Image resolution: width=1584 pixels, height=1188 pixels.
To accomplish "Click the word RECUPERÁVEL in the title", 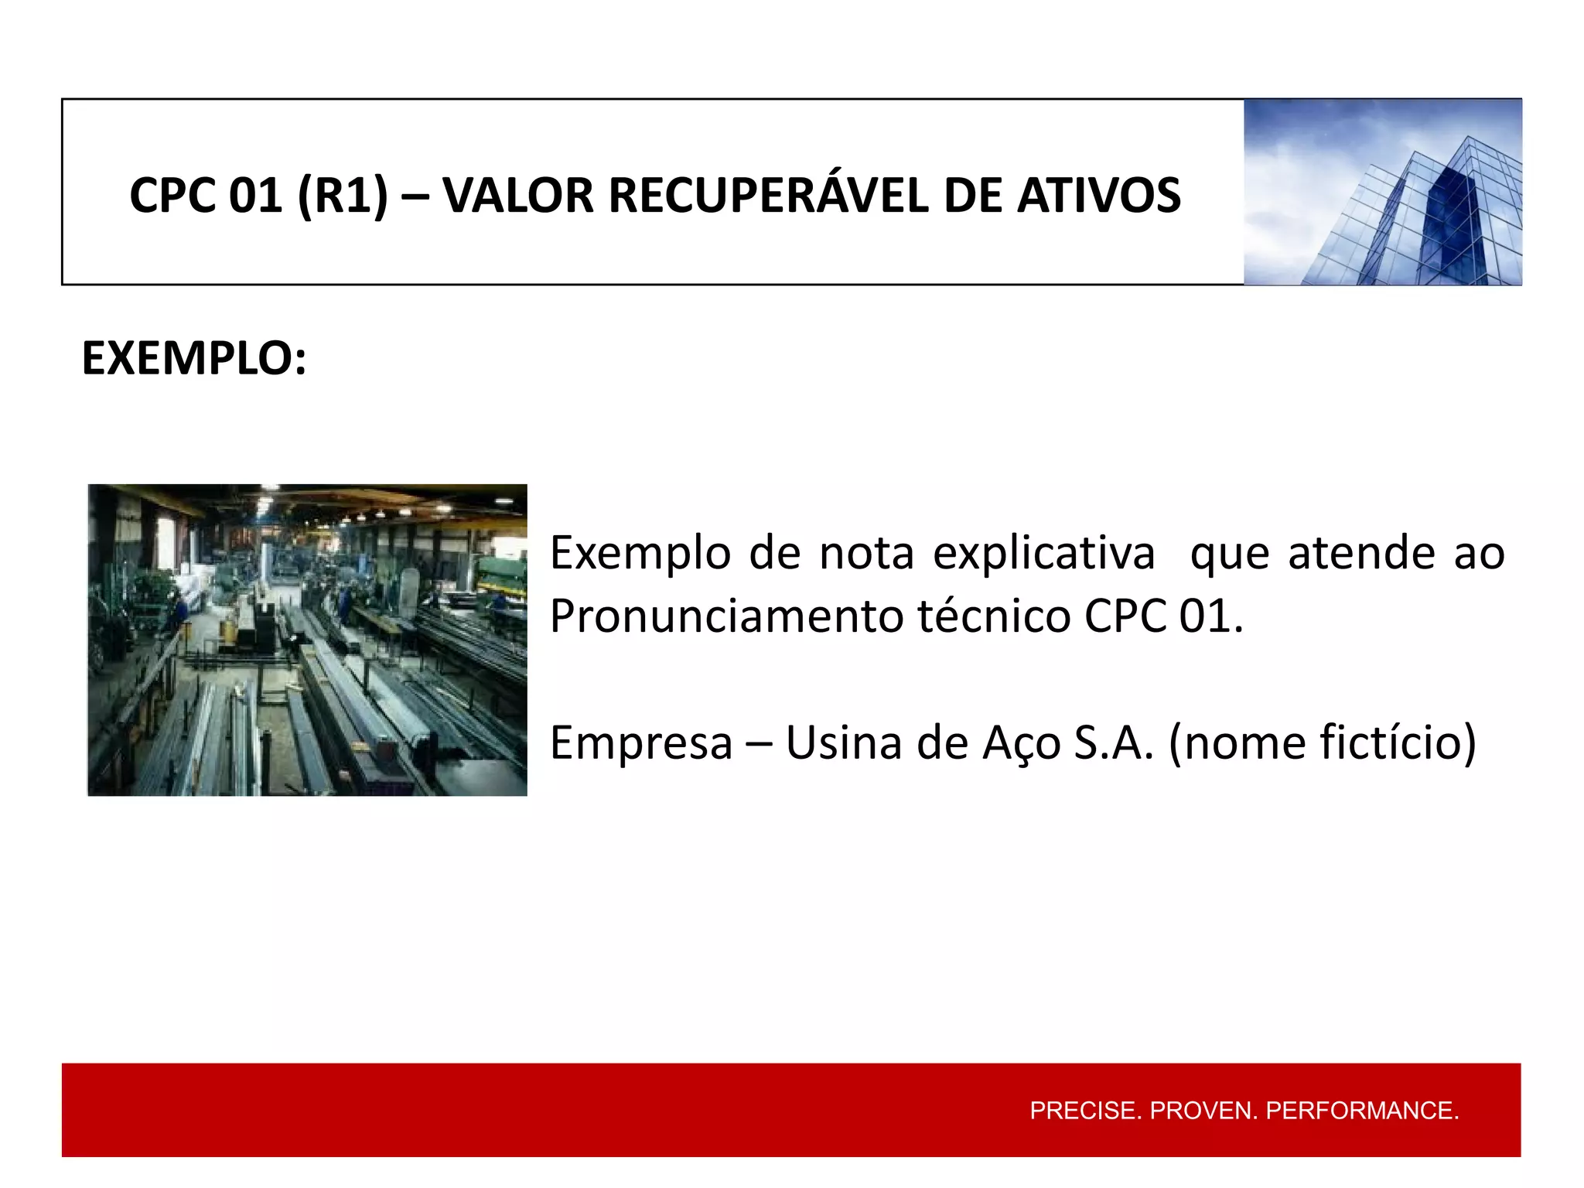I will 768,195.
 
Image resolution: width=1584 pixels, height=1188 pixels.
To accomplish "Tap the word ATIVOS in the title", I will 1099,195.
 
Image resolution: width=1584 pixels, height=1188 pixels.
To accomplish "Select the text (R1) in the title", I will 342,195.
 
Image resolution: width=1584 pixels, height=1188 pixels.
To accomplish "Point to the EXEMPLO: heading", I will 194,359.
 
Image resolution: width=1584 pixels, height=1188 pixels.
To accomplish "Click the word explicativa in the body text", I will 1043,554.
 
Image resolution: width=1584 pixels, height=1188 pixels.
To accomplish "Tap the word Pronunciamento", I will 726,616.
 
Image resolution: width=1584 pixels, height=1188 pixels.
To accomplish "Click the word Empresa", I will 640,742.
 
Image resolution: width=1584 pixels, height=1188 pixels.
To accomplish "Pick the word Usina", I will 844,742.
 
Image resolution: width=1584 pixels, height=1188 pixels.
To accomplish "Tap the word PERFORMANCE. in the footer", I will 1362,1111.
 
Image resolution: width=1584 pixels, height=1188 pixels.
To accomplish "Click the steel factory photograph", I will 307,640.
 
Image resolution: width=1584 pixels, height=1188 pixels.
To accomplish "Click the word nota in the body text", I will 866,554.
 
